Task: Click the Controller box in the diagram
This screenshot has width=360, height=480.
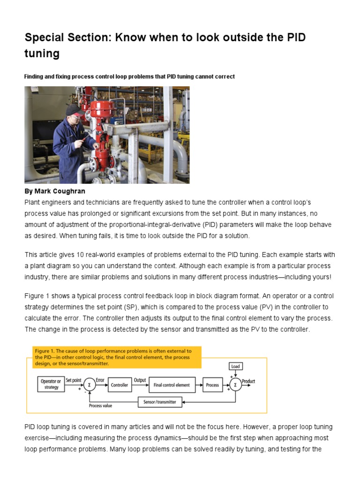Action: click(120, 385)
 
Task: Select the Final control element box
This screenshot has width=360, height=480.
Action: click(172, 385)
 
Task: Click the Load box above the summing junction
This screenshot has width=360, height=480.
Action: click(235, 366)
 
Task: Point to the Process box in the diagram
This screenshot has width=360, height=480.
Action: click(212, 385)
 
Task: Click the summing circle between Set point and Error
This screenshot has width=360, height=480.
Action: click(89, 385)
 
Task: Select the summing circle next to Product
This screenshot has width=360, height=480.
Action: click(235, 385)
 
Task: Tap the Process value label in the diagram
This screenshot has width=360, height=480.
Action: click(100, 406)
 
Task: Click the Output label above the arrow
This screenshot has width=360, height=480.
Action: click(140, 380)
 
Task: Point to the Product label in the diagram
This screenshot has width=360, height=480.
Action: click(248, 381)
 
